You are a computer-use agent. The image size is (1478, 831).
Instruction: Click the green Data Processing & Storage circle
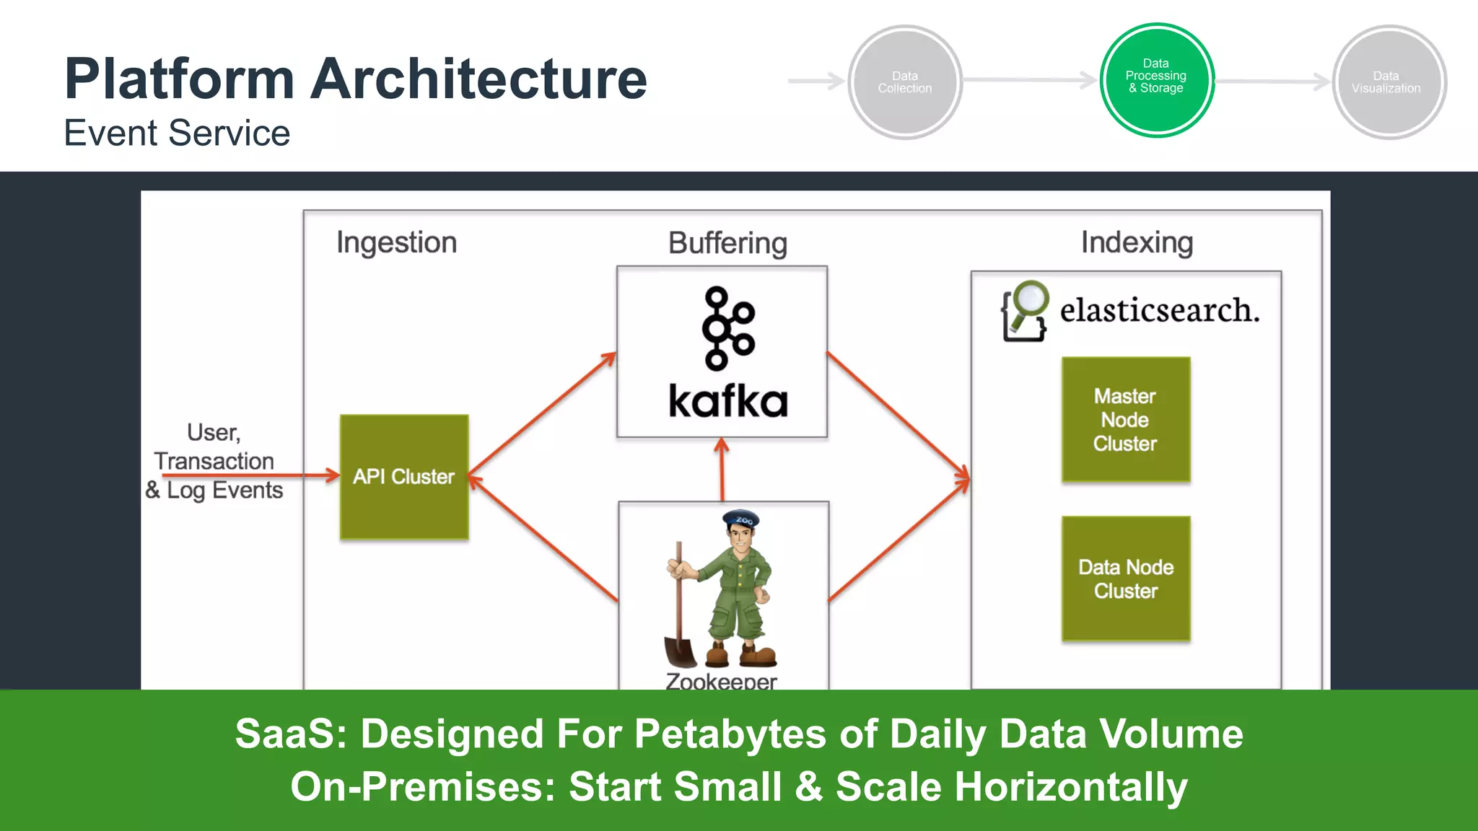point(1157,80)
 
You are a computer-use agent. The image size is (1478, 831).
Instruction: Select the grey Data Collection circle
point(905,82)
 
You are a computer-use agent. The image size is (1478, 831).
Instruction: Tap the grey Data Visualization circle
point(1389,82)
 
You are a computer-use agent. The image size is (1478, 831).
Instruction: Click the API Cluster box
point(404,477)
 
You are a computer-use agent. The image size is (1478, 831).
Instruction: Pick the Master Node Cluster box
point(1125,420)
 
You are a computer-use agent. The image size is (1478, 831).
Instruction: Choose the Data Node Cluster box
point(1125,579)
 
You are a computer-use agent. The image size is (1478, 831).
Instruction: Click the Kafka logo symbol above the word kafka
point(727,328)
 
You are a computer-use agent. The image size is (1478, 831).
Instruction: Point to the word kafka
point(727,402)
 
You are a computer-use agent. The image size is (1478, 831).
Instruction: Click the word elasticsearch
point(1159,311)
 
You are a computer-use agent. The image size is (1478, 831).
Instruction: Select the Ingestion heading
point(396,243)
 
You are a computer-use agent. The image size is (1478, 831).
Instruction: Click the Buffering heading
point(727,244)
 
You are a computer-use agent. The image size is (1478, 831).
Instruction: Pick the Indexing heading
point(1137,243)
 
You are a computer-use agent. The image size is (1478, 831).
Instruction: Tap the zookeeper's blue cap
point(740,518)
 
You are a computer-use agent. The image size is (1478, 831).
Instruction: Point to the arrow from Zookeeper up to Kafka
point(722,469)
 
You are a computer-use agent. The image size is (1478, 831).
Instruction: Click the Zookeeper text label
point(721,680)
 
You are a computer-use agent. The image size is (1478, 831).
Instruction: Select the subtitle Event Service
point(177,133)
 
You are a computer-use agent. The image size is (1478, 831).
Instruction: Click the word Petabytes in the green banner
point(730,734)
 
